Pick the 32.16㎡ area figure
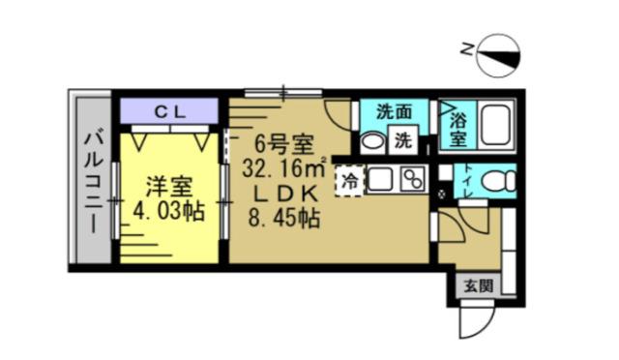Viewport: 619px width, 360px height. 283,168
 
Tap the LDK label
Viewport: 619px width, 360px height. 281,193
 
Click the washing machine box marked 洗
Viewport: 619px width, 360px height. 402,139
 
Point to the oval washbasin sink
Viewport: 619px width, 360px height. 372,140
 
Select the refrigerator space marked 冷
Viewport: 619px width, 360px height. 350,180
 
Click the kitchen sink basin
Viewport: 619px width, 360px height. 379,179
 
